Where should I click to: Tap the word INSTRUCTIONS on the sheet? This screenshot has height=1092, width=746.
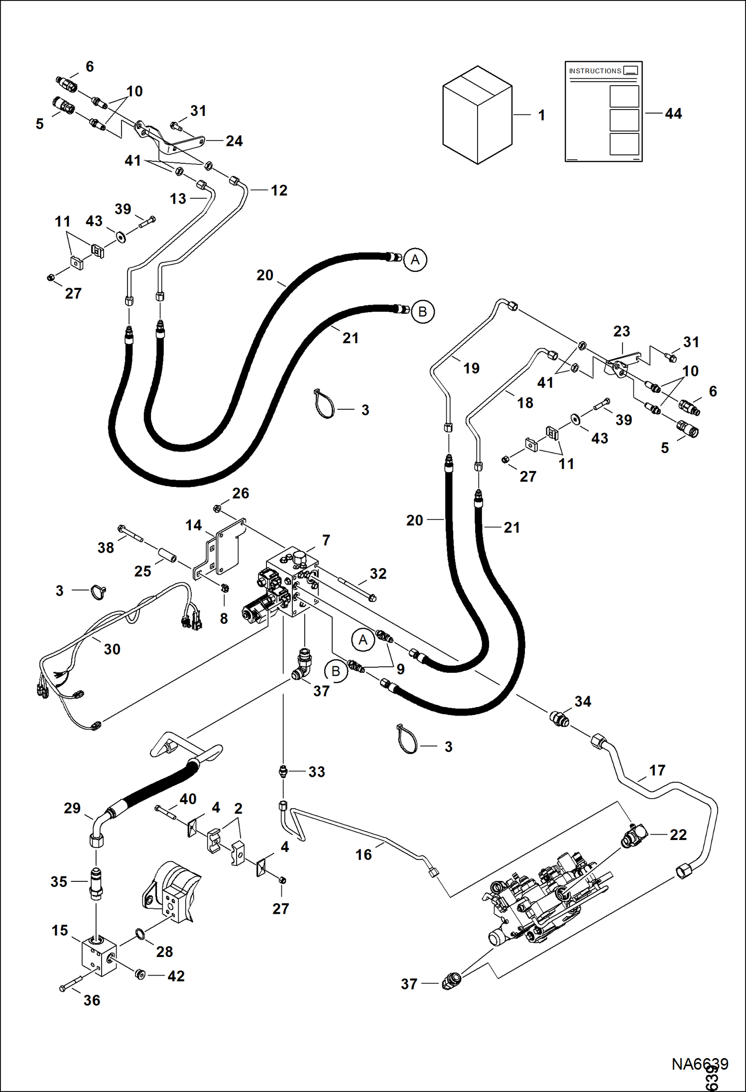[595, 71]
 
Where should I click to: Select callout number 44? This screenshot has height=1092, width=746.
[673, 114]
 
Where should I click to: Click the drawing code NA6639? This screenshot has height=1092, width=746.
[700, 1064]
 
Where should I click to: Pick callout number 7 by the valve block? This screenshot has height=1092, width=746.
[326, 540]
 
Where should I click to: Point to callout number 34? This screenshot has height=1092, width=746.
[583, 702]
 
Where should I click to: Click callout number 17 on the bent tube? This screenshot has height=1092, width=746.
[657, 770]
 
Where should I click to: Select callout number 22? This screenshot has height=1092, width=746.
[678, 835]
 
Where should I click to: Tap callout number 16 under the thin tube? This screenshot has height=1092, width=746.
[364, 854]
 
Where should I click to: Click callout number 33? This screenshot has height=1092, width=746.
[317, 772]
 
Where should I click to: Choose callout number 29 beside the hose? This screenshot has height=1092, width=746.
[72, 808]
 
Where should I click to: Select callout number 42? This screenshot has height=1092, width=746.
[176, 976]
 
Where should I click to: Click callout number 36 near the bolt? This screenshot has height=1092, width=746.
[92, 1000]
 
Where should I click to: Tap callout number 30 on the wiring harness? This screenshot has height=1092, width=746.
[112, 649]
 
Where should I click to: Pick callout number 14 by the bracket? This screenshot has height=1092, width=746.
[194, 525]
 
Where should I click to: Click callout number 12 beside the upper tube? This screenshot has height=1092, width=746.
[279, 190]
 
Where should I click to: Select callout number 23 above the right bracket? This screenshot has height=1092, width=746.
[622, 331]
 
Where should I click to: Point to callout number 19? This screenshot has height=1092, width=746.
[471, 368]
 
